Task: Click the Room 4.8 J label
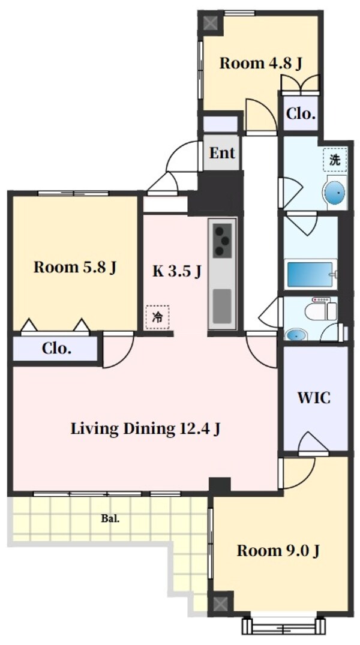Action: click(x=260, y=63)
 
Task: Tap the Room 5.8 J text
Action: click(x=74, y=268)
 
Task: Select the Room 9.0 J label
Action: click(x=277, y=550)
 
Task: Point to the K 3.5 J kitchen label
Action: click(x=176, y=271)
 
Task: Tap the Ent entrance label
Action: click(x=221, y=153)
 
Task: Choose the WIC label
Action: click(x=314, y=398)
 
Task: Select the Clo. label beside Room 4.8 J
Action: click(x=301, y=114)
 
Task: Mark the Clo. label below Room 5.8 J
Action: click(x=57, y=348)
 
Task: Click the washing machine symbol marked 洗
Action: click(x=335, y=160)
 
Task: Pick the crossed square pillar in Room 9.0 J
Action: click(x=221, y=602)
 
